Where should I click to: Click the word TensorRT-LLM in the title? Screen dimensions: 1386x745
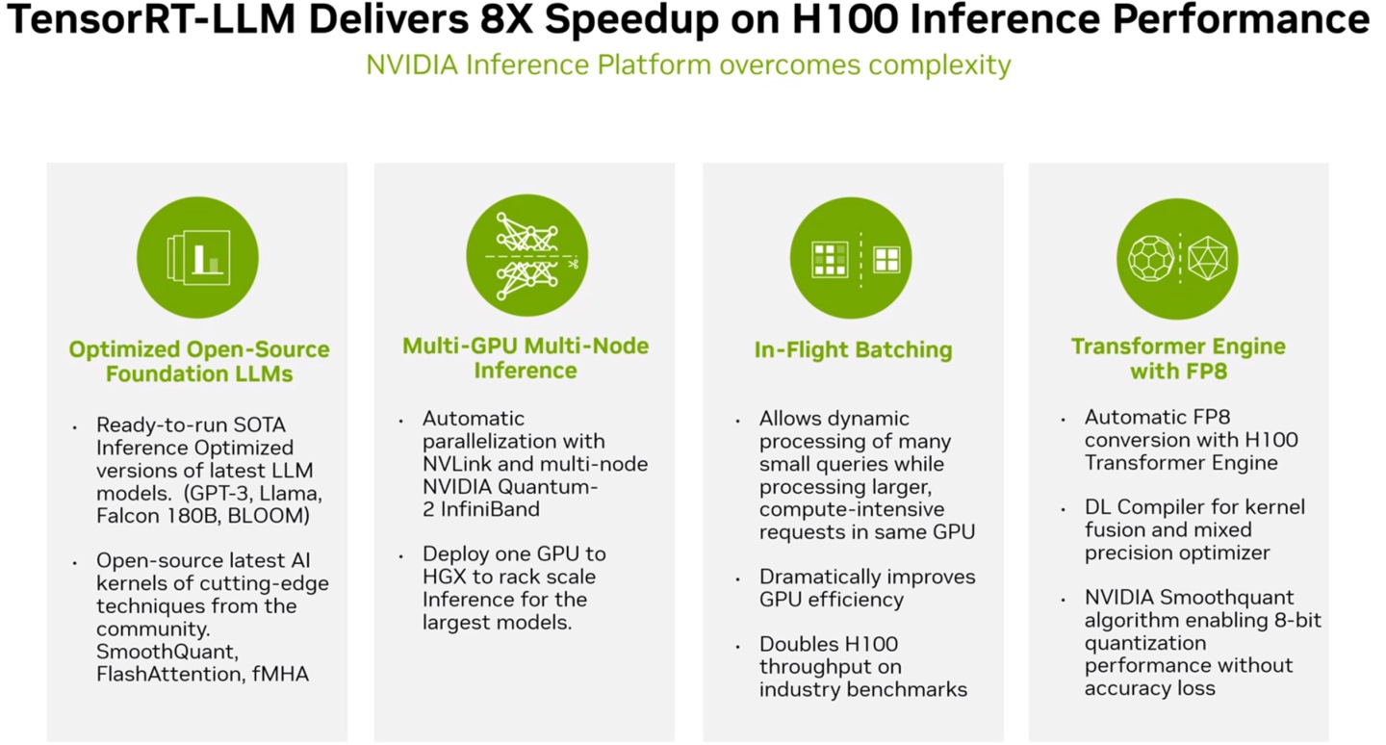pyautogui.click(x=151, y=20)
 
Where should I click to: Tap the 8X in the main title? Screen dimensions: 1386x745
pyautogui.click(x=506, y=20)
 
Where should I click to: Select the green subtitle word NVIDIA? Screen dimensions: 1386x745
pyautogui.click(x=412, y=65)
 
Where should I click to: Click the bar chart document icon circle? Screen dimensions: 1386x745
pyautogui.click(x=198, y=257)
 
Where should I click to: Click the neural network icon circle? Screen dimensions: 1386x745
pyautogui.click(x=527, y=256)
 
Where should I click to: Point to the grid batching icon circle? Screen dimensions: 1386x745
pyautogui.click(x=852, y=258)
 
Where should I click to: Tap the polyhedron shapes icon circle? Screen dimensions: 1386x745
pyautogui.click(x=1177, y=259)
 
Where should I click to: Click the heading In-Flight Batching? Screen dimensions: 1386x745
pyautogui.click(x=853, y=350)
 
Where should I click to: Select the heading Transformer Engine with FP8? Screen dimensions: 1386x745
pyautogui.click(x=1178, y=359)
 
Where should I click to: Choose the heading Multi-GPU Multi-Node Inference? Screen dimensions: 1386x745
pyautogui.click(x=526, y=358)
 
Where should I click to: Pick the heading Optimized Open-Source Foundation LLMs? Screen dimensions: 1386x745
pyautogui.click(x=199, y=361)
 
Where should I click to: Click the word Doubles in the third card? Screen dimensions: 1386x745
pyautogui.click(x=799, y=644)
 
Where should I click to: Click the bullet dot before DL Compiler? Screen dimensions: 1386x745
pyautogui.click(x=1063, y=510)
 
